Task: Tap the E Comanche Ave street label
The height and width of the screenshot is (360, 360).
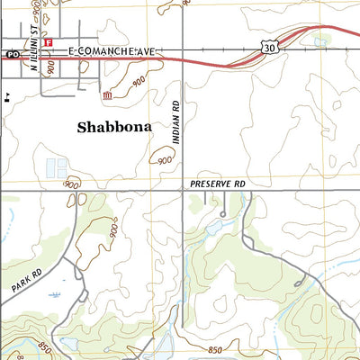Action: (107, 54)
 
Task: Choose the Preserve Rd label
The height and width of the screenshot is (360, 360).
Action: (217, 182)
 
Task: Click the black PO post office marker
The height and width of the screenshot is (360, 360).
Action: (12, 55)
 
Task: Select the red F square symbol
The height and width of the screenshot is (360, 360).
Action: (49, 42)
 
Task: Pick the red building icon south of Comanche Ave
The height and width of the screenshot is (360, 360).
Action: (107, 94)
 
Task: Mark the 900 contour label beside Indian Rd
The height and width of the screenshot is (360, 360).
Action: (164, 160)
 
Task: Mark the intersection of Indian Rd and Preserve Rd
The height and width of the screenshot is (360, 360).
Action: (183, 190)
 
